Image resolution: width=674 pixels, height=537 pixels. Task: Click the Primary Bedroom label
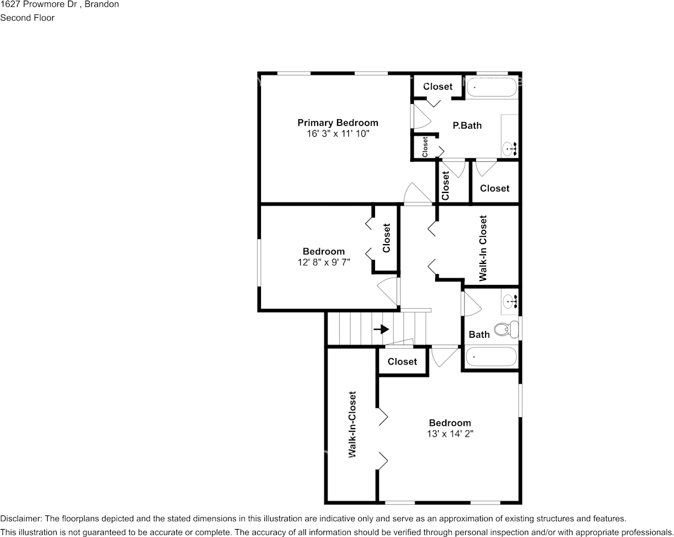(338, 123)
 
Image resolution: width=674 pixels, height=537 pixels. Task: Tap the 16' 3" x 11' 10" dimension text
(338, 134)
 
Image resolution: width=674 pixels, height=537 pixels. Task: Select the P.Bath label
(467, 125)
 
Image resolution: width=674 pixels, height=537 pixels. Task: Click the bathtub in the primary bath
(491, 87)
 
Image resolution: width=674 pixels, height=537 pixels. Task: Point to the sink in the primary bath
(510, 149)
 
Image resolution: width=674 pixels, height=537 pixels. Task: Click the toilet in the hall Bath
(507, 329)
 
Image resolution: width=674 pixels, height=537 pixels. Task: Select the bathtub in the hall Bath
(491, 357)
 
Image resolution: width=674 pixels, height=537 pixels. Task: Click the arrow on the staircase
(381, 329)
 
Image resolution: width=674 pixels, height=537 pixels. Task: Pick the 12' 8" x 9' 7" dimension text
(324, 262)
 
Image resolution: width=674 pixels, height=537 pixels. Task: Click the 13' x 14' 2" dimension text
(450, 434)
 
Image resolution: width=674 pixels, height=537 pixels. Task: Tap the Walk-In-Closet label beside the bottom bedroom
(352, 425)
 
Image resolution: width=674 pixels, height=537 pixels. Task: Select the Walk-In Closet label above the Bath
(483, 249)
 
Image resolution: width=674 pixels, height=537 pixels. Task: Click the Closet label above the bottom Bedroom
(402, 362)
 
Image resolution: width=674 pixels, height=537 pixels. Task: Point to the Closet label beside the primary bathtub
(438, 86)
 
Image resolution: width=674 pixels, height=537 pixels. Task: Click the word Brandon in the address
(102, 5)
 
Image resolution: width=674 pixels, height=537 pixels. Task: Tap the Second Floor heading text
(27, 18)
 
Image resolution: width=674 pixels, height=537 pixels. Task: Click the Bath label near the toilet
(479, 334)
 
